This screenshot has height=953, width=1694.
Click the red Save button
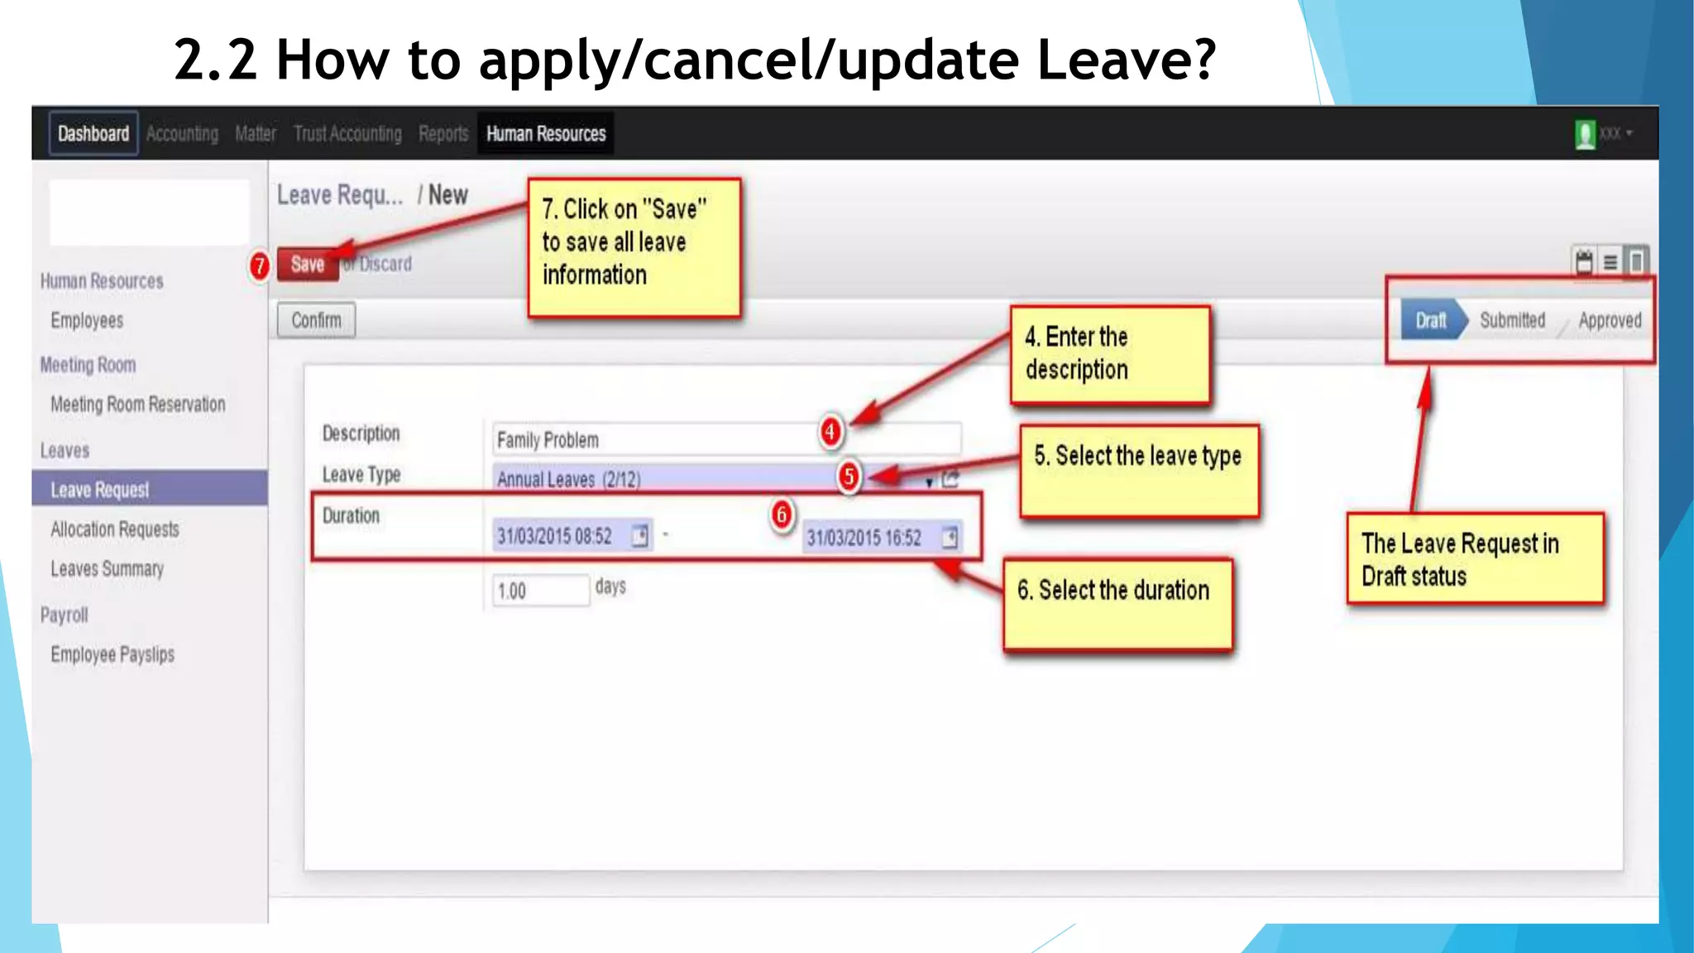coord(307,265)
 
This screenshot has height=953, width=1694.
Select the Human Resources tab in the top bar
coord(546,133)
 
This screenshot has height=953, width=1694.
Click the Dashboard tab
coord(93,133)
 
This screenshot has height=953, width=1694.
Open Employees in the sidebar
coord(87,320)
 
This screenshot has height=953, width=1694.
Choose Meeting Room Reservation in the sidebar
coord(137,405)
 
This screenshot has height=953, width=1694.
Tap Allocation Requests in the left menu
coord(114,529)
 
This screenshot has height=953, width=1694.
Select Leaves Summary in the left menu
coord(107,569)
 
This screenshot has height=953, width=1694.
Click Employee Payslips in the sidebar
coord(112,654)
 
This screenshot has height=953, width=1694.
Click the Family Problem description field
coord(653,439)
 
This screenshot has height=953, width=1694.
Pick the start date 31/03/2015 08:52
coord(554,537)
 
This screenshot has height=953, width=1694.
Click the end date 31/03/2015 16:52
coord(864,538)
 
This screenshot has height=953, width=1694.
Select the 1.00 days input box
coord(539,591)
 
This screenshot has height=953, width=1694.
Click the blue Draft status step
coord(1431,320)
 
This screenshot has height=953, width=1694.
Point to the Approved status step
coord(1609,320)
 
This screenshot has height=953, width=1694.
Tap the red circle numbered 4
coord(830,431)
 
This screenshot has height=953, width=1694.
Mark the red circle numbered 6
coord(782,515)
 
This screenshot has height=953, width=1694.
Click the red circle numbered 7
coord(260,266)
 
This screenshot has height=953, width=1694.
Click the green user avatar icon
coord(1585,134)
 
